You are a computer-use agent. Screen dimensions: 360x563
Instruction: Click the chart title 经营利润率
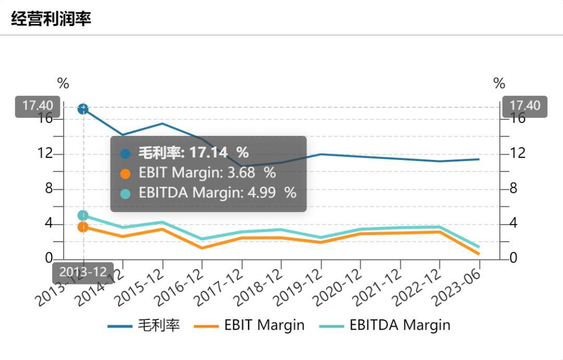pyautogui.click(x=51, y=19)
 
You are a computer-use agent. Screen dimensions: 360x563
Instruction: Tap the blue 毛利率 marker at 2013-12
pyautogui.click(x=83, y=109)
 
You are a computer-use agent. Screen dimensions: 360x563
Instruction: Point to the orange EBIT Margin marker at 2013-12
pyautogui.click(x=83, y=227)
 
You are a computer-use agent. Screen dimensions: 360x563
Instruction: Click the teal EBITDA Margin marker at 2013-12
pyautogui.click(x=83, y=215)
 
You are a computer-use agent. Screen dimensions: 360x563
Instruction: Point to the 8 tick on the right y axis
pyautogui.click(x=513, y=189)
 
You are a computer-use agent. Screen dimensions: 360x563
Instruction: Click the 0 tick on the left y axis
pyautogui.click(x=49, y=258)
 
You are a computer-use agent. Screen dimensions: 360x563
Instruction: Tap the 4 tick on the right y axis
pyautogui.click(x=513, y=224)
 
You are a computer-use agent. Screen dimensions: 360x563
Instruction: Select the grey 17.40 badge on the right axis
pyautogui.click(x=525, y=106)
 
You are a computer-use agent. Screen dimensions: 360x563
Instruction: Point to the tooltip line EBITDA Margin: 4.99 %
pyautogui.click(x=217, y=193)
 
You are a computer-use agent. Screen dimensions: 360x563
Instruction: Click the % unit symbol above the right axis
pyautogui.click(x=499, y=83)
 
